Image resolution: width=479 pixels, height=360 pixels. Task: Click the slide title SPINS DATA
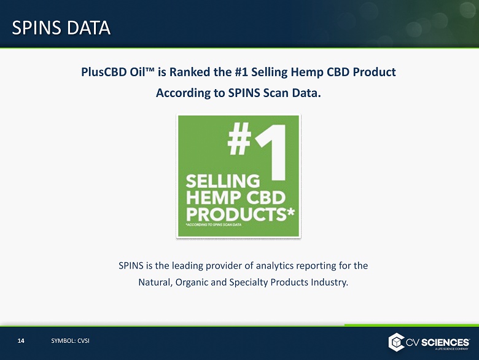point(61,28)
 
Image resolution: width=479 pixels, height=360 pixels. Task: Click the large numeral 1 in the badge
point(272,152)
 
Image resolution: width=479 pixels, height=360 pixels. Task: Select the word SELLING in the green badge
point(223,181)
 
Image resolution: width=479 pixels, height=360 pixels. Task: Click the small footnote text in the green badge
point(214,225)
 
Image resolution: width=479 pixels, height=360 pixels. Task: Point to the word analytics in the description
point(275,266)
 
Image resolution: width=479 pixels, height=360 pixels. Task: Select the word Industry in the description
point(329,283)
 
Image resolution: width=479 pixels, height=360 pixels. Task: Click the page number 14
point(21,341)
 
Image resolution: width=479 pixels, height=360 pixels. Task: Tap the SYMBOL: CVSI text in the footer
point(70,341)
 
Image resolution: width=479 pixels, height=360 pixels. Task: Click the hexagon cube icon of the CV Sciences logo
point(396,342)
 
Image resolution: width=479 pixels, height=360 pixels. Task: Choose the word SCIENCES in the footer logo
point(445,342)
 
